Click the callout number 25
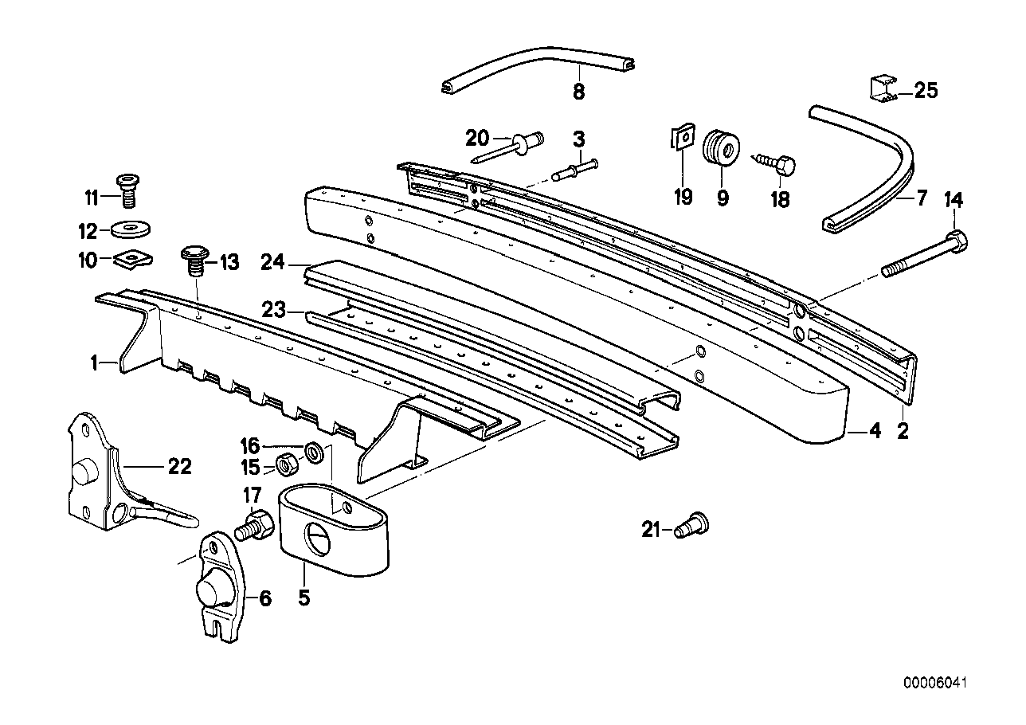tap(926, 91)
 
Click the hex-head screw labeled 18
tap(777, 165)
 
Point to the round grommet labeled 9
tap(723, 146)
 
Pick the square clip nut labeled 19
tap(683, 139)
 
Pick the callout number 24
tap(273, 261)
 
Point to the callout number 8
tap(578, 92)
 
